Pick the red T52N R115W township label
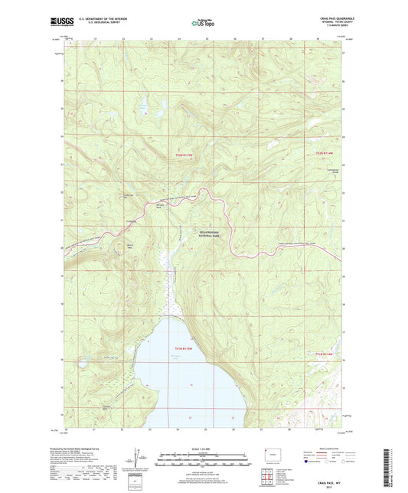181,155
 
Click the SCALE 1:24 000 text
204,448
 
